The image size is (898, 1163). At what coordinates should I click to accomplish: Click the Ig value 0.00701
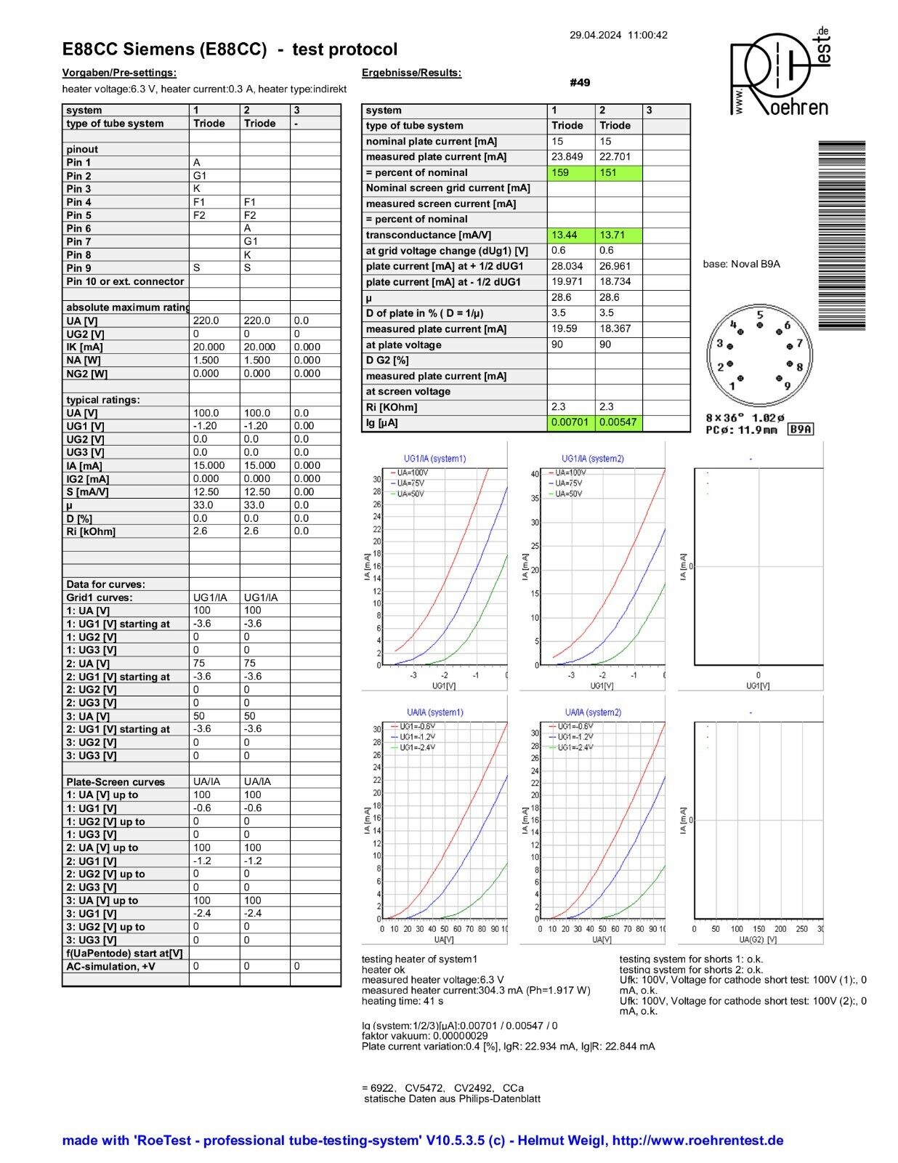[x=570, y=422]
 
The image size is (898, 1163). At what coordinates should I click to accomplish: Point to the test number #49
[x=580, y=83]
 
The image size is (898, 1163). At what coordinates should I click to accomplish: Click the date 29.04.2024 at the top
[x=596, y=35]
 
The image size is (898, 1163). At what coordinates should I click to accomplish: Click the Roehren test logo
[x=780, y=73]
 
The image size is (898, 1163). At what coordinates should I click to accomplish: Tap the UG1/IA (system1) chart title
[x=434, y=459]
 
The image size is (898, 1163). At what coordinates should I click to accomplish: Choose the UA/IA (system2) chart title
[x=593, y=712]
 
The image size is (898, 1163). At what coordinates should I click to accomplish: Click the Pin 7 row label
[x=79, y=241]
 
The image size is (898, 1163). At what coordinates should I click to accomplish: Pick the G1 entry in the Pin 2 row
[x=200, y=176]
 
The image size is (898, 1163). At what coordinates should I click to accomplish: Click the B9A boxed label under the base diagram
[x=801, y=430]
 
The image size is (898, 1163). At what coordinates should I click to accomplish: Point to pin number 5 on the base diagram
[x=760, y=315]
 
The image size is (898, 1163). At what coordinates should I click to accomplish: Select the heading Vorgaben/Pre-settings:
[x=119, y=73]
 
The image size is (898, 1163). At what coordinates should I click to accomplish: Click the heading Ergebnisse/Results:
[x=411, y=73]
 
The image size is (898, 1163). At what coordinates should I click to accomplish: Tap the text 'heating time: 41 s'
[x=403, y=1001]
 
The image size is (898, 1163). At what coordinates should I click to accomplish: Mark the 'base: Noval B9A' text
[x=741, y=264]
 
